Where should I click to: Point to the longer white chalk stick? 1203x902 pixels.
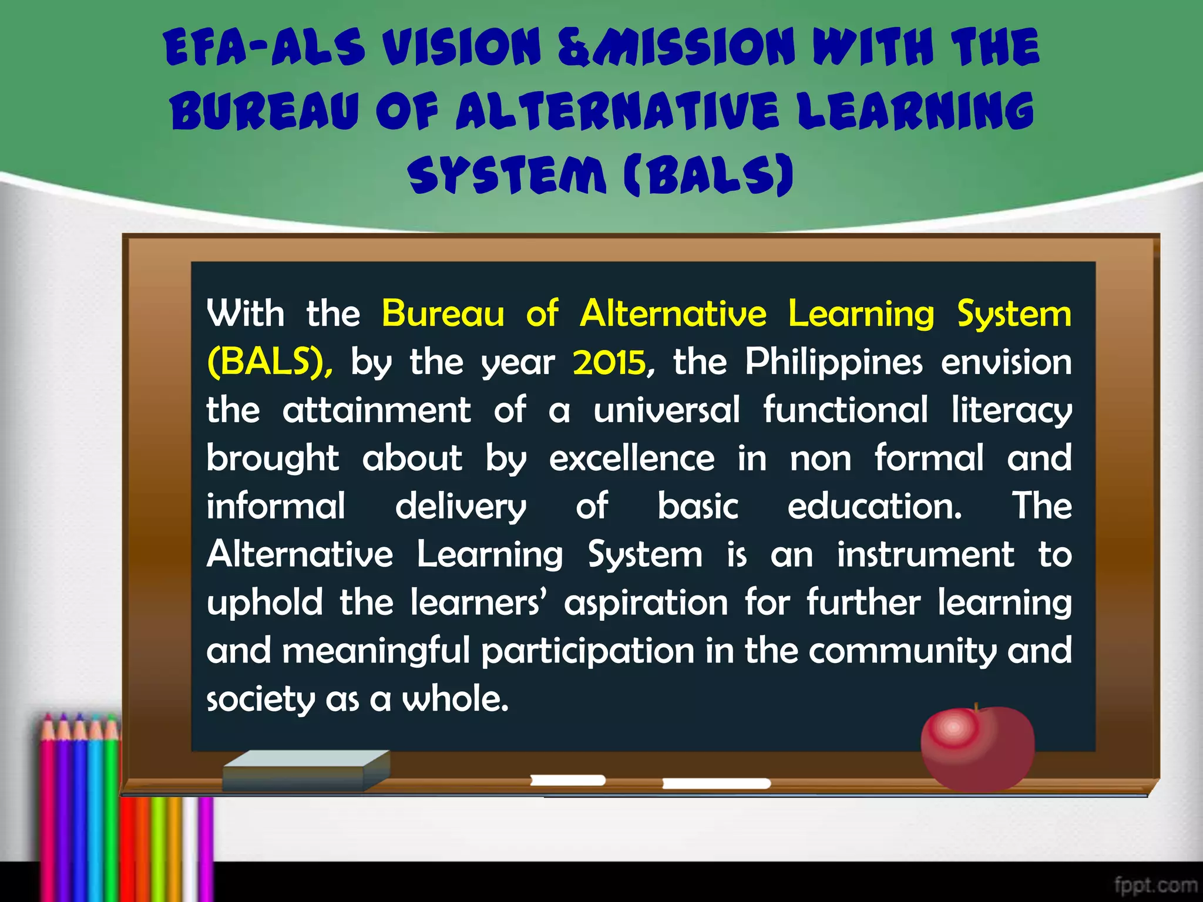716,783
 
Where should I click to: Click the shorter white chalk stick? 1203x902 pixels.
567,780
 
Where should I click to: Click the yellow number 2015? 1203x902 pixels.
610,362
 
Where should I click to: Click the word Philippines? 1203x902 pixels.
834,362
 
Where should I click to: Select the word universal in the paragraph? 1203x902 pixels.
666,410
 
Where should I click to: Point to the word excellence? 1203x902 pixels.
631,458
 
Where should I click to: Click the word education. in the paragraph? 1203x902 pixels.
875,506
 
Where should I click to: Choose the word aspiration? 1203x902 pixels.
646,603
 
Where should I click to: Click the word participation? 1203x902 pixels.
588,651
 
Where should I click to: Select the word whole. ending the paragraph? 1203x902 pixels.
455,699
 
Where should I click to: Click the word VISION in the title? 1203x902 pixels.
461,48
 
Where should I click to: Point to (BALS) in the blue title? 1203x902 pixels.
708,174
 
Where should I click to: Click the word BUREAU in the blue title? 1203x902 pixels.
264,112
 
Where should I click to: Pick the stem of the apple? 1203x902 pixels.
976,708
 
